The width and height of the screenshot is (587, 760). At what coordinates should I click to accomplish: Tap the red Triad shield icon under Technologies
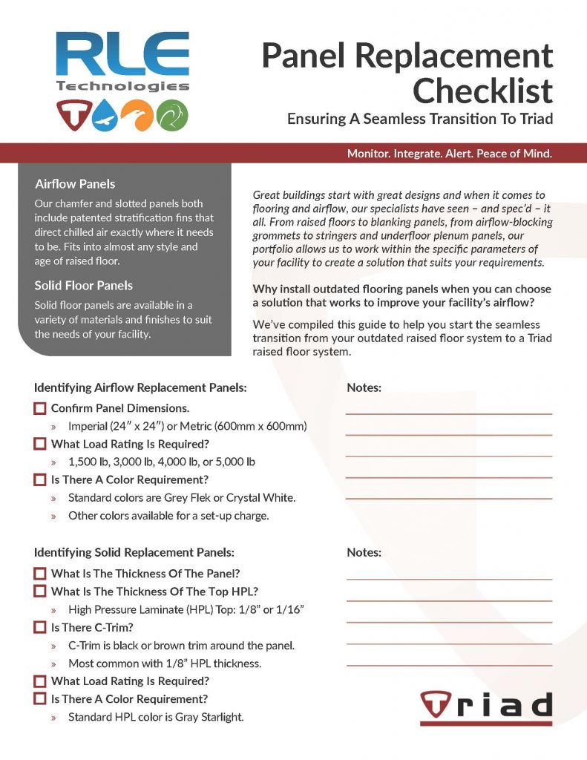coord(72,114)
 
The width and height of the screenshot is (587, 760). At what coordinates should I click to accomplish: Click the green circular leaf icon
coord(173,114)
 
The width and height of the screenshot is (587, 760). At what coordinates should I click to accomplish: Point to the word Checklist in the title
coord(482,91)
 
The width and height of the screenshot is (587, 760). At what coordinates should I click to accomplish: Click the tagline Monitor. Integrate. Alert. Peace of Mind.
coord(449,154)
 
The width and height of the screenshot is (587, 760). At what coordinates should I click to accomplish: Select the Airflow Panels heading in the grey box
coord(75,183)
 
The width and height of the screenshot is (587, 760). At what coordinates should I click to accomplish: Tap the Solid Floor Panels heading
coord(83,285)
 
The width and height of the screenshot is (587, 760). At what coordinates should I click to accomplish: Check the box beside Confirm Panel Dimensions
coord(40,408)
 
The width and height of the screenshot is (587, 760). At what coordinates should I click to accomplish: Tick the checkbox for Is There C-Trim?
coord(40,627)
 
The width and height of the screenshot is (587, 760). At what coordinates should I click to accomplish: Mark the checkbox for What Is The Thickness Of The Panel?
coord(40,574)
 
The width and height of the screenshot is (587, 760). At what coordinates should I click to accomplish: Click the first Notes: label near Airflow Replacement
coord(364,387)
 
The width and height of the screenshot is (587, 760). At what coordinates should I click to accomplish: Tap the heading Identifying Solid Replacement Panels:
coord(134,552)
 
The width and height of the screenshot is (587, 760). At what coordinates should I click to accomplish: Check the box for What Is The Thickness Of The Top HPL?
coord(40,592)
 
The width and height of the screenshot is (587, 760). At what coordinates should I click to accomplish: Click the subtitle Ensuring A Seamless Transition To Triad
coord(420,119)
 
